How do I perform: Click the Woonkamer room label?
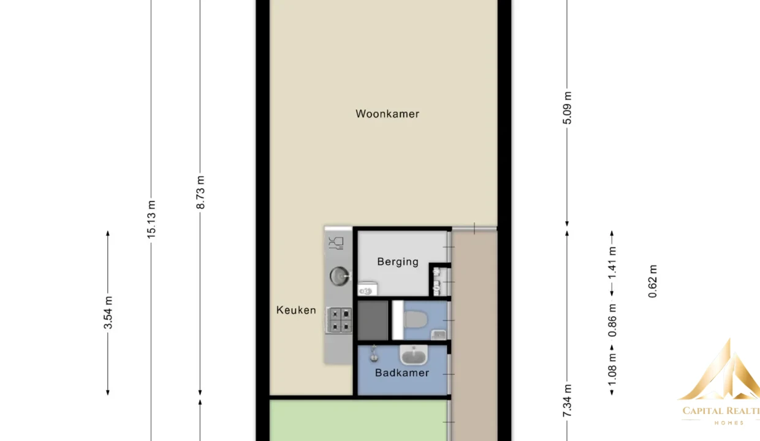387,114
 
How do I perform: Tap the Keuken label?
296,310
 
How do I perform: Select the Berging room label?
398,262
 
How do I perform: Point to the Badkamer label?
402,373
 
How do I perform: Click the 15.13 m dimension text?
151,220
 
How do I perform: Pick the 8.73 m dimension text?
200,192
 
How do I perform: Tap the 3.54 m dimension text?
108,312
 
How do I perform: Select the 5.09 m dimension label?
567,108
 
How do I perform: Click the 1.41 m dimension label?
612,263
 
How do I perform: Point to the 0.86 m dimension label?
612,321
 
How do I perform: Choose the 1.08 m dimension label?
612,369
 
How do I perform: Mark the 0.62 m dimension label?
652,281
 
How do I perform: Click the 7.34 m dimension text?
567,401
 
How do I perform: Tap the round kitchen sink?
340,276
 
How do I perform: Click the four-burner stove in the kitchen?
339,320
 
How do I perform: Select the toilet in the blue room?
416,320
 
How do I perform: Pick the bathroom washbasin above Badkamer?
414,355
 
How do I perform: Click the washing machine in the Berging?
368,289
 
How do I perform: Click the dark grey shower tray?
373,320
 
